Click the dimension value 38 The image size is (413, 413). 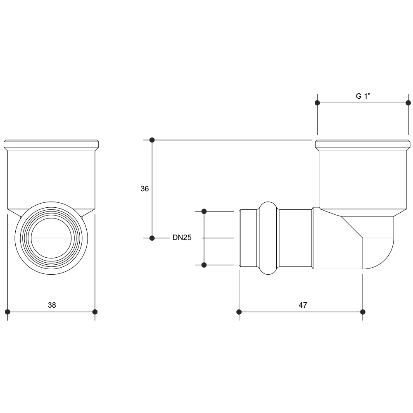pos(52,305)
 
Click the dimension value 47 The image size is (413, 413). pos(303,305)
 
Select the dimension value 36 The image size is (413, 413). pos(145,189)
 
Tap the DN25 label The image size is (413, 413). pos(182,237)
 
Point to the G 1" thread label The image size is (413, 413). pos(363,96)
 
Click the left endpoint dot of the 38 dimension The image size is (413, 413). pos(7,312)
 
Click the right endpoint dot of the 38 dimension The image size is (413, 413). pos(95,312)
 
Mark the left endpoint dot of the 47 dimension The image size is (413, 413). pos(239,312)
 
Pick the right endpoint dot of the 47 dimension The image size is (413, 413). pos(363,312)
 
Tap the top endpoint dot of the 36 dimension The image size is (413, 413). pos(152,140)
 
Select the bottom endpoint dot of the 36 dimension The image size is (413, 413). pos(152,238)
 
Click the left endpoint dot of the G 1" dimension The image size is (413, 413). pos(317,103)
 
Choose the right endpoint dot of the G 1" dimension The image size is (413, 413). pos(408,103)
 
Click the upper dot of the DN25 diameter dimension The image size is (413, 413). pos(204,211)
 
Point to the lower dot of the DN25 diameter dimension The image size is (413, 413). pos(204,265)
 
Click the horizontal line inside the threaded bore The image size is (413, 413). pos(51,238)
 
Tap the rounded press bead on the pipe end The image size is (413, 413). pos(268,238)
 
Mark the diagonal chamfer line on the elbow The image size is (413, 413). pos(352,227)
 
